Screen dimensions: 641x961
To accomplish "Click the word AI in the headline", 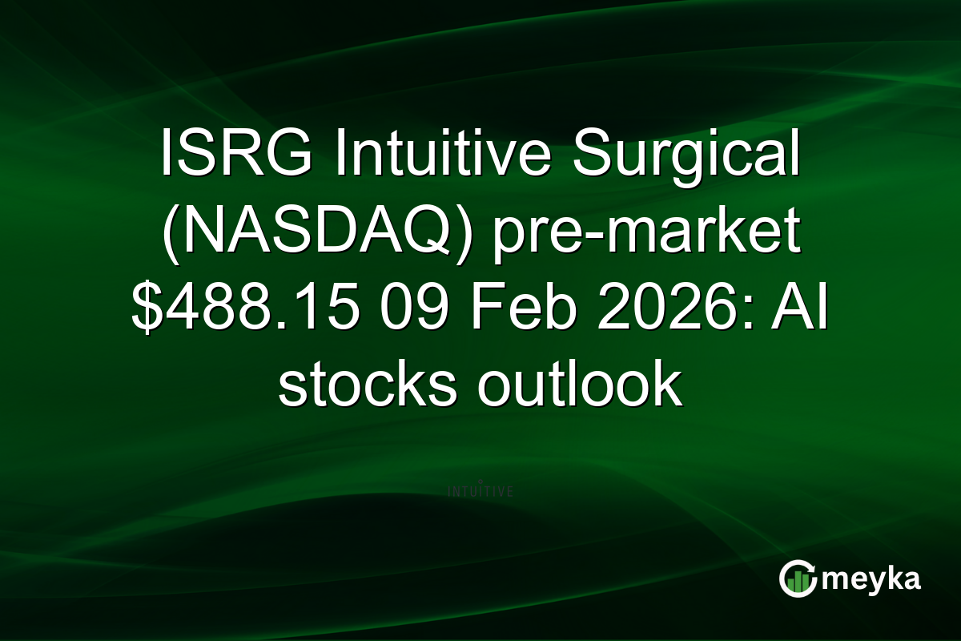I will (x=802, y=310).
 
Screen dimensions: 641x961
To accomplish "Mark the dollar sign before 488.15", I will (x=146, y=310).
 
